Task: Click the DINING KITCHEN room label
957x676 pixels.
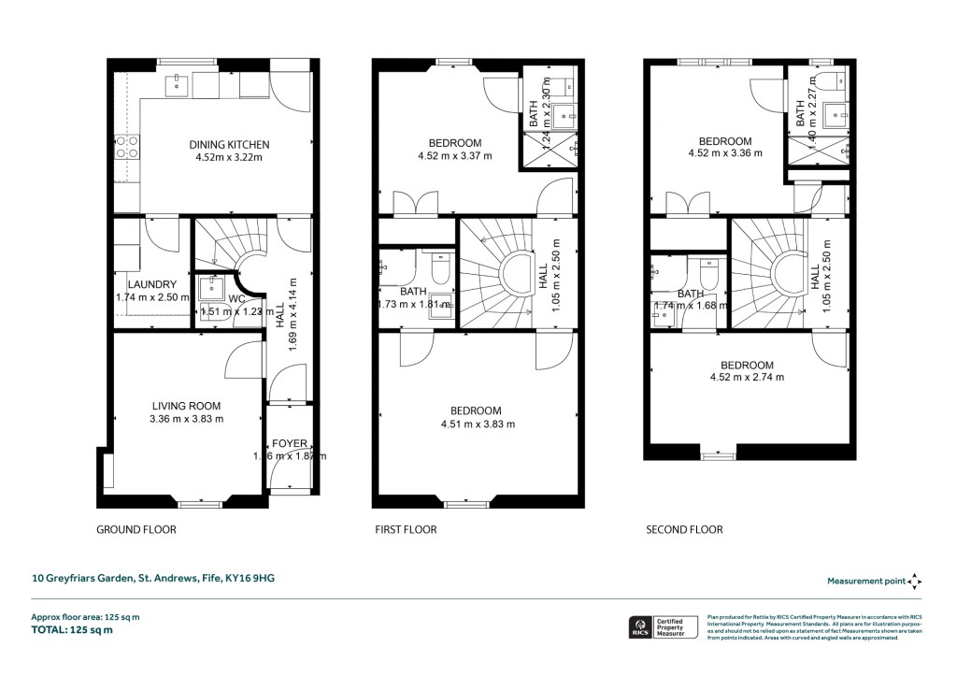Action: [x=229, y=145]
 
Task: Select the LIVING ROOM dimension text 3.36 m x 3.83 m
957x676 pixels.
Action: [x=187, y=419]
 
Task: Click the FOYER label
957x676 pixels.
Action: [x=288, y=442]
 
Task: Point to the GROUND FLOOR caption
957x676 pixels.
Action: [x=136, y=529]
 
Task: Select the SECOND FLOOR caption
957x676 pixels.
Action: [x=684, y=529]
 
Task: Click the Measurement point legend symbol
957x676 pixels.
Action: [x=915, y=581]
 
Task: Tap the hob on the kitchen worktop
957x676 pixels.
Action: [x=126, y=147]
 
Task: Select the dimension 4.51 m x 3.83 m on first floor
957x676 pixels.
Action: [x=476, y=424]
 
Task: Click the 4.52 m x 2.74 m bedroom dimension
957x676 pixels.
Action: [x=746, y=378]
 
